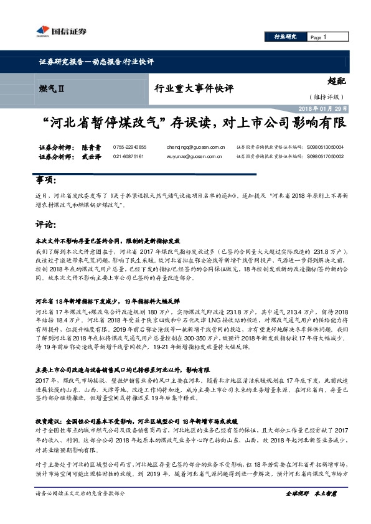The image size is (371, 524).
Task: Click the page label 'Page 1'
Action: pyautogui.click(x=319, y=37)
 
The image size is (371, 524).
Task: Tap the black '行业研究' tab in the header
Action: pyautogui.click(x=286, y=37)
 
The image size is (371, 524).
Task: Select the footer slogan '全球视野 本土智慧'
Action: pyautogui.click(x=311, y=510)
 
